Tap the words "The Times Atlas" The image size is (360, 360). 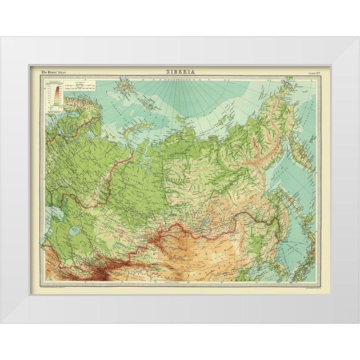[53, 72]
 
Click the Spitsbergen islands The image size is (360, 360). [123, 86]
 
